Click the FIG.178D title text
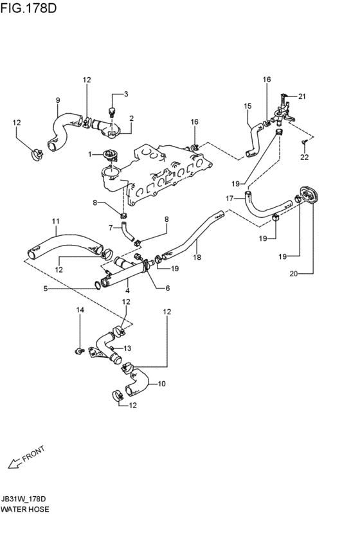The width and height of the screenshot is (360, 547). pyautogui.click(x=28, y=8)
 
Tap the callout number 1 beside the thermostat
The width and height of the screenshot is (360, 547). pyautogui.click(x=90, y=154)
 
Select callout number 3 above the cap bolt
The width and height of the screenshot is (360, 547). pyautogui.click(x=126, y=94)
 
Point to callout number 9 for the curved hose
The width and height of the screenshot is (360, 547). pyautogui.click(x=58, y=100)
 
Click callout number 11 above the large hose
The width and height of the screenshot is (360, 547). pyautogui.click(x=56, y=221)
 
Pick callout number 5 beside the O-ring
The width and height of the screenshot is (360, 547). pyautogui.click(x=46, y=289)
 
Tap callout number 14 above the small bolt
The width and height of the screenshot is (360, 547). pyautogui.click(x=80, y=310)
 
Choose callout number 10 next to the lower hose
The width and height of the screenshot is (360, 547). pyautogui.click(x=161, y=384)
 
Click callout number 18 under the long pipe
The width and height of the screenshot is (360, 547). pyautogui.click(x=197, y=257)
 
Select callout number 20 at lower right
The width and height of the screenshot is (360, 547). pyautogui.click(x=294, y=274)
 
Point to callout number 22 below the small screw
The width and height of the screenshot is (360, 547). pyautogui.click(x=305, y=157)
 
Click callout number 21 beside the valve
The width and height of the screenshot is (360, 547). pyautogui.click(x=302, y=96)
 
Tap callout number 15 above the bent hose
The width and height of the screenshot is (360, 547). pyautogui.click(x=248, y=105)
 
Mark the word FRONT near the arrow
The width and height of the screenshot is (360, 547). pyautogui.click(x=33, y=454)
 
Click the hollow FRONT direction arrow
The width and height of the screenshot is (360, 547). pyautogui.click(x=15, y=463)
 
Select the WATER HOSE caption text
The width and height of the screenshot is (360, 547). pyautogui.click(x=25, y=509)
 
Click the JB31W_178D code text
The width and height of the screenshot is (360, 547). pyautogui.click(x=23, y=499)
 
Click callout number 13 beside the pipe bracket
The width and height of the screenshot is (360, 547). pyautogui.click(x=127, y=348)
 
